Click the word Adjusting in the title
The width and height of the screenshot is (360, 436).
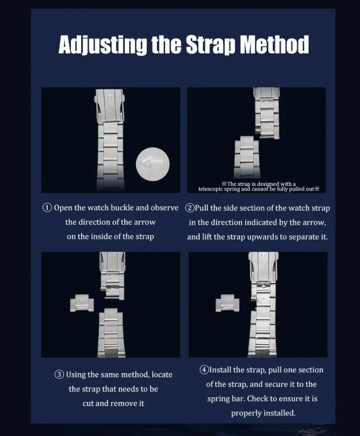103,45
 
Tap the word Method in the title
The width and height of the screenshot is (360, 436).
274,44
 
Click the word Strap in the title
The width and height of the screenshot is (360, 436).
210,45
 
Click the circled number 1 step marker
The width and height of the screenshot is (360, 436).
47,208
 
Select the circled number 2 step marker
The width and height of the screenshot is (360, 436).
190,208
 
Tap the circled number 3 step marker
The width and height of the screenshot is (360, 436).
59,375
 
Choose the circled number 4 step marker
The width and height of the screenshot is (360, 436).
204,370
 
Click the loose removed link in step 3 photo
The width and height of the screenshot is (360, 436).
82,303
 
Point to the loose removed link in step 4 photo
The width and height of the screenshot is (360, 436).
228,303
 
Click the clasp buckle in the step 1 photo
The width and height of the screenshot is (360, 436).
109,106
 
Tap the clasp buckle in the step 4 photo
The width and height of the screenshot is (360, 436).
263,267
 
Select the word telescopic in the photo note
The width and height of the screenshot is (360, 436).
210,189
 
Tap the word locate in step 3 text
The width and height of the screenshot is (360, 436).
162,375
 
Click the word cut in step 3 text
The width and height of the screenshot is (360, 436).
88,403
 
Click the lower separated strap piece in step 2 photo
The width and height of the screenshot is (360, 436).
247,157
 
